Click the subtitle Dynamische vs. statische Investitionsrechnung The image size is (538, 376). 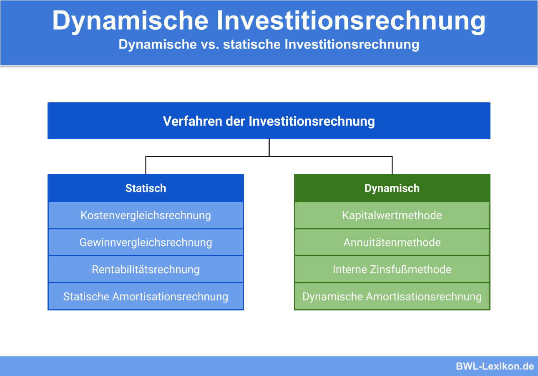coord(269,44)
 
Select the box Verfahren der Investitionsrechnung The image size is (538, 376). coord(269,121)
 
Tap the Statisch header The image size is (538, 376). coord(146,188)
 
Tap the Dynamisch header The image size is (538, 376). coord(392,188)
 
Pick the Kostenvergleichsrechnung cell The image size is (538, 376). coord(146,216)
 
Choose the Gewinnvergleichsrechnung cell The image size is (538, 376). coord(146,242)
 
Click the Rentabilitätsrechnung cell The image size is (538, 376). coord(146,269)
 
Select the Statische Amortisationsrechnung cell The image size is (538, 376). coord(146,297)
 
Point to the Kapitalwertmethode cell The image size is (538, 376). coord(392,216)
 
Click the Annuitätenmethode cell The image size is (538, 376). coord(392,242)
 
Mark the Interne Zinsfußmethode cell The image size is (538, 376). coord(392,269)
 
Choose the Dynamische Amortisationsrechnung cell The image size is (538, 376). coord(392,297)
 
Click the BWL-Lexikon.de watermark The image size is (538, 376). coord(495,366)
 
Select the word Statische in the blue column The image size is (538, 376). coord(86,297)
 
